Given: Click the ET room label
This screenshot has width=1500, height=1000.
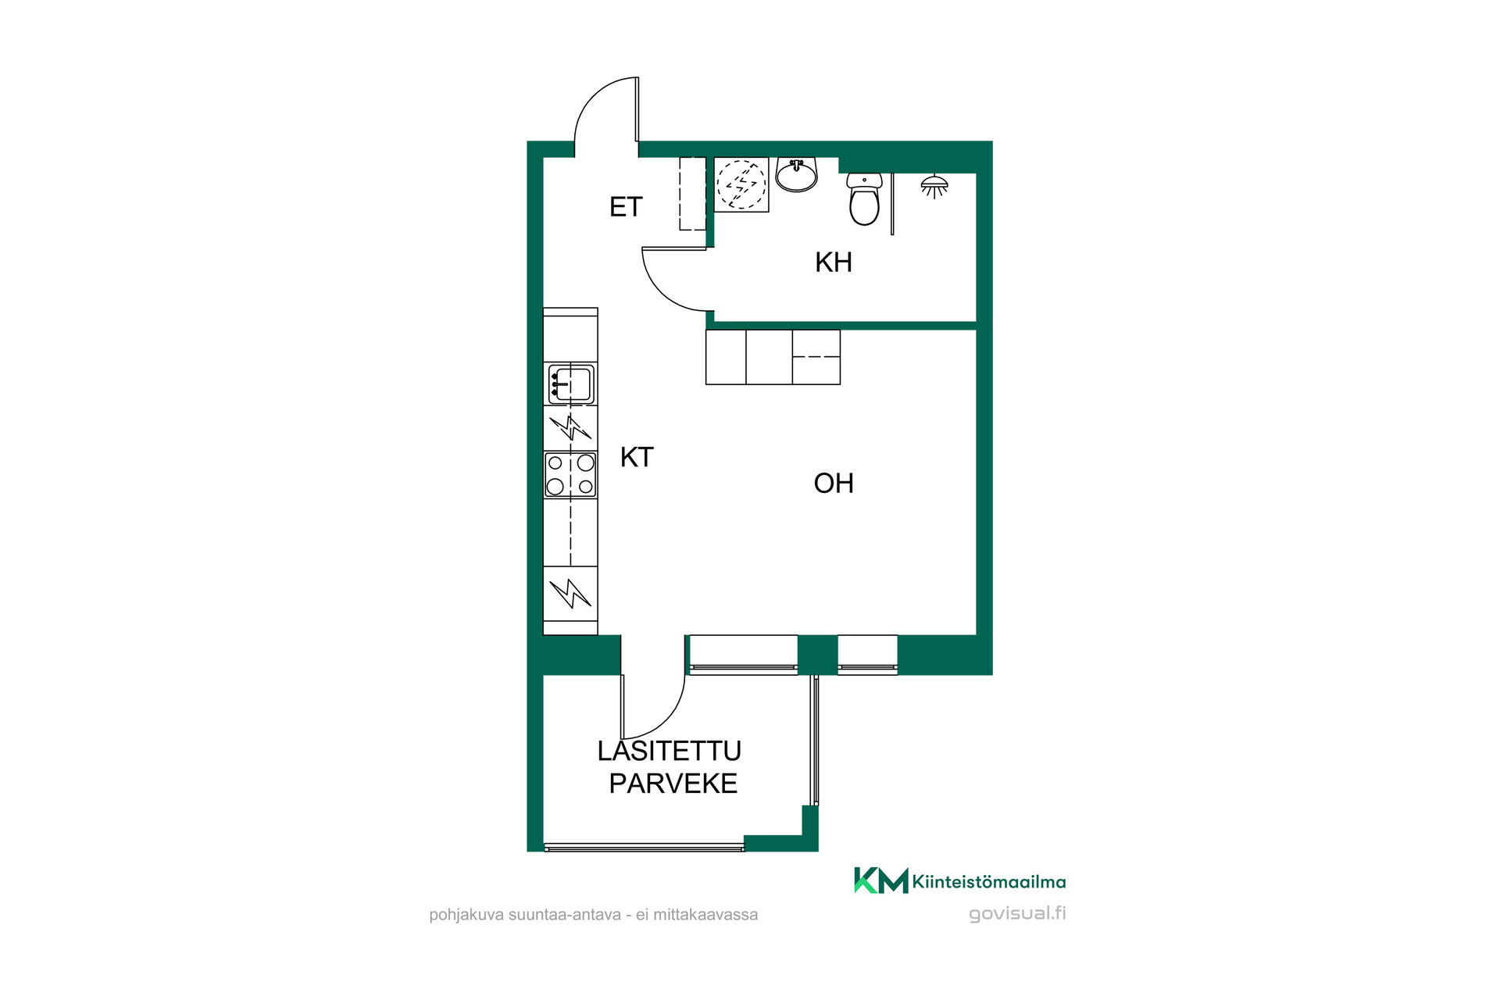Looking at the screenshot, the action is click(x=626, y=207).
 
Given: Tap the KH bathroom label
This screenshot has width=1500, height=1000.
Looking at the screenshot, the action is click(x=834, y=262).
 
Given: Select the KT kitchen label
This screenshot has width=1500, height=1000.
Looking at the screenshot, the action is click(x=637, y=457).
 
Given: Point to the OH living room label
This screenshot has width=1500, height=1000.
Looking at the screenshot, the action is click(x=834, y=484).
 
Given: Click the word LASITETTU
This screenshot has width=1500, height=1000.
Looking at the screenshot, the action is click(x=670, y=751).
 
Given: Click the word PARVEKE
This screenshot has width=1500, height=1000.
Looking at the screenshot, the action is click(x=673, y=784).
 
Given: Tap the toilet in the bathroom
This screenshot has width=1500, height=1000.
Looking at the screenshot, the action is click(x=864, y=198).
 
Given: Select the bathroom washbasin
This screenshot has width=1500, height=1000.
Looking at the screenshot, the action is click(x=797, y=174).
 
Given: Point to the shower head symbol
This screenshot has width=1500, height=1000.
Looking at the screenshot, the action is click(x=934, y=187).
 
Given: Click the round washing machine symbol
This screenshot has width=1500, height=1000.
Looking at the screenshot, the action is click(x=741, y=184).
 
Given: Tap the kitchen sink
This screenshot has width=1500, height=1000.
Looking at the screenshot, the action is click(x=571, y=384).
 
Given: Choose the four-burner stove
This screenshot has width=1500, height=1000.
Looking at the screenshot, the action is click(x=570, y=474).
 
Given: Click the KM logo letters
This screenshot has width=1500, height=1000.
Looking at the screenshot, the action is click(x=881, y=880).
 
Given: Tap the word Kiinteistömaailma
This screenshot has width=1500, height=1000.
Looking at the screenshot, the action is click(x=989, y=882).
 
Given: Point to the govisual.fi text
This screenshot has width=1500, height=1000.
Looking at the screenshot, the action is click(x=1017, y=913).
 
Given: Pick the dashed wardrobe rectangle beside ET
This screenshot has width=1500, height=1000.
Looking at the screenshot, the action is click(x=692, y=194).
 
